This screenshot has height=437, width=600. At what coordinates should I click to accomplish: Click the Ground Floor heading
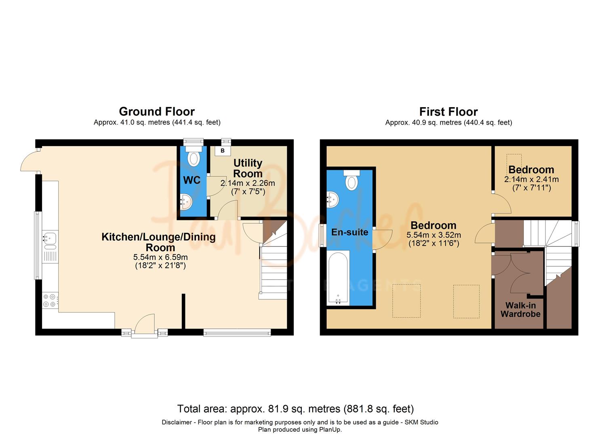click(x=157, y=111)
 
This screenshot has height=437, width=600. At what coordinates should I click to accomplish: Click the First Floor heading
click(x=448, y=111)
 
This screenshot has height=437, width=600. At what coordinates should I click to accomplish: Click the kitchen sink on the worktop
click(x=51, y=240)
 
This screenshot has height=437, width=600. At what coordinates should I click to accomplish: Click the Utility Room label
click(x=248, y=168)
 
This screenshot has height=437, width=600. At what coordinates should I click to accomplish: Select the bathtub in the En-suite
click(x=338, y=278)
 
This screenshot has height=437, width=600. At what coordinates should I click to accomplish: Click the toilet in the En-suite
click(x=352, y=180)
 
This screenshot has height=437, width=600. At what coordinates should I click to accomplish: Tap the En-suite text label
click(x=349, y=232)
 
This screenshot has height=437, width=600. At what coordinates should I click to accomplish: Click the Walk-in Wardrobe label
click(x=520, y=310)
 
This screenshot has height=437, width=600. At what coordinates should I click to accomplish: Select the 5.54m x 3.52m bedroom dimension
click(x=434, y=235)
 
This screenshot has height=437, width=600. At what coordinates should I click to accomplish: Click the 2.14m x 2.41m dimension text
click(x=531, y=179)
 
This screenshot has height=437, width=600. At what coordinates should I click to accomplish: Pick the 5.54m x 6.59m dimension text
click(x=160, y=257)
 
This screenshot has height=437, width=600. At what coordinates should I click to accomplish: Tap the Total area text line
click(x=295, y=409)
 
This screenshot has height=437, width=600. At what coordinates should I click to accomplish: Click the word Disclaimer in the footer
click(x=177, y=422)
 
